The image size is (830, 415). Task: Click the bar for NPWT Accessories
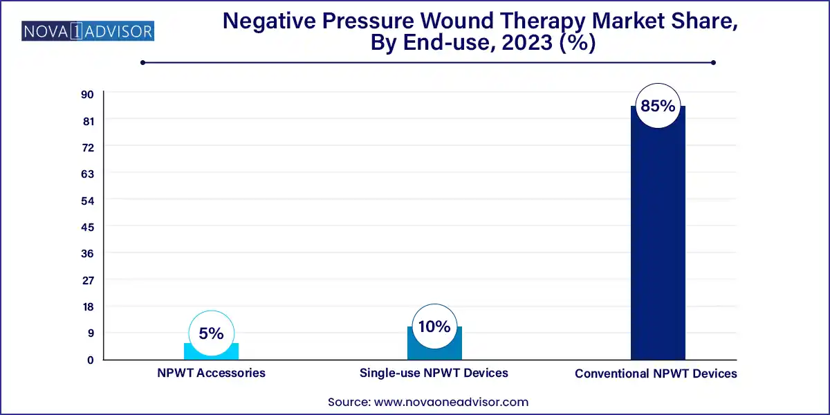click(x=211, y=351)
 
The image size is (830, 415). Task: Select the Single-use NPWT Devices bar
click(x=434, y=344)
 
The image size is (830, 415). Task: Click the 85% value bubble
click(x=658, y=106)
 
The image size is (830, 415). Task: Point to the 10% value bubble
click(x=434, y=326)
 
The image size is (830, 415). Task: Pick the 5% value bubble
click(x=211, y=333)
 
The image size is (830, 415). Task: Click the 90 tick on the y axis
click(x=89, y=94)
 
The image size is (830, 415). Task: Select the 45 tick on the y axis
click(x=89, y=227)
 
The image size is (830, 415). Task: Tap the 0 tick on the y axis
click(x=90, y=360)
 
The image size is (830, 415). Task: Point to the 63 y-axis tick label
click(x=89, y=174)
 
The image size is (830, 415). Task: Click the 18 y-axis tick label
click(x=89, y=306)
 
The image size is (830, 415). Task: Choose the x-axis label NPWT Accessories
click(x=211, y=373)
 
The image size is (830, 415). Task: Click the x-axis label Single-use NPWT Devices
click(x=434, y=373)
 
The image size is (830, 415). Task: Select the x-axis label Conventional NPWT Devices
click(x=656, y=373)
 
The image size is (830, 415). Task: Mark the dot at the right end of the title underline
click(x=712, y=62)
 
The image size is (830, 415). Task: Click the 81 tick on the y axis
click(x=89, y=120)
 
